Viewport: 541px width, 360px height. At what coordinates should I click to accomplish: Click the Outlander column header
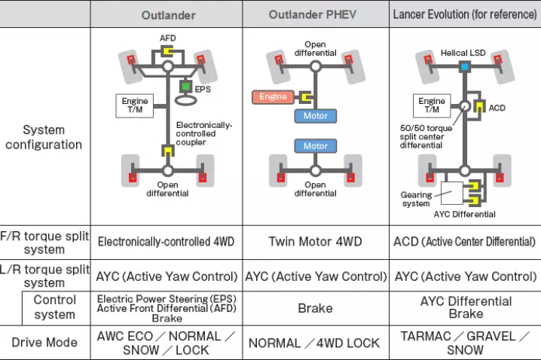167,15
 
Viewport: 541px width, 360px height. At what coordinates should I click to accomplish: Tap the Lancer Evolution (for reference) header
464,15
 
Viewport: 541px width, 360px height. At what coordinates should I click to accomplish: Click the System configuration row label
43,137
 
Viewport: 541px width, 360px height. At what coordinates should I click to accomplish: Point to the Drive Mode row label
44,343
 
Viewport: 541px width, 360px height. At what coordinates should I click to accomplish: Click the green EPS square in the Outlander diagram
185,87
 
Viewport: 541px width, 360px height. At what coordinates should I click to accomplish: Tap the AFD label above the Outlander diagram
167,38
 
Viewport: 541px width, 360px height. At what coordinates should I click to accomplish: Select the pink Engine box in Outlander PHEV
274,96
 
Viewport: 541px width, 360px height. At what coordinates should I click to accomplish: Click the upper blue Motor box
316,116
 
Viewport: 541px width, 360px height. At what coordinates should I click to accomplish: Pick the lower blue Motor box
316,146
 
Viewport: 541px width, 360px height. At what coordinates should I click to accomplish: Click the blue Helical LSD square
465,67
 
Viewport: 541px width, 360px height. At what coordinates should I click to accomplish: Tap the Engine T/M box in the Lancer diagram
432,105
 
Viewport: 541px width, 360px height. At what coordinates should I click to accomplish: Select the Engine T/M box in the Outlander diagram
135,105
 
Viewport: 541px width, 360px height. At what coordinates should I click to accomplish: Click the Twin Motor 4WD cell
315,242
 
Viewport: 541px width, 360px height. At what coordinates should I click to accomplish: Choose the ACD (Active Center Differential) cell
465,242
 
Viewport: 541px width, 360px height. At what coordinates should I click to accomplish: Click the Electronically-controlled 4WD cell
167,242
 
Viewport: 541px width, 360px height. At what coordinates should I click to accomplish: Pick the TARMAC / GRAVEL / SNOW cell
465,343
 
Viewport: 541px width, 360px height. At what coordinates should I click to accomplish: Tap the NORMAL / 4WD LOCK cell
314,343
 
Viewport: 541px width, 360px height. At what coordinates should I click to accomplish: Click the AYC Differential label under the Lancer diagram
464,214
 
